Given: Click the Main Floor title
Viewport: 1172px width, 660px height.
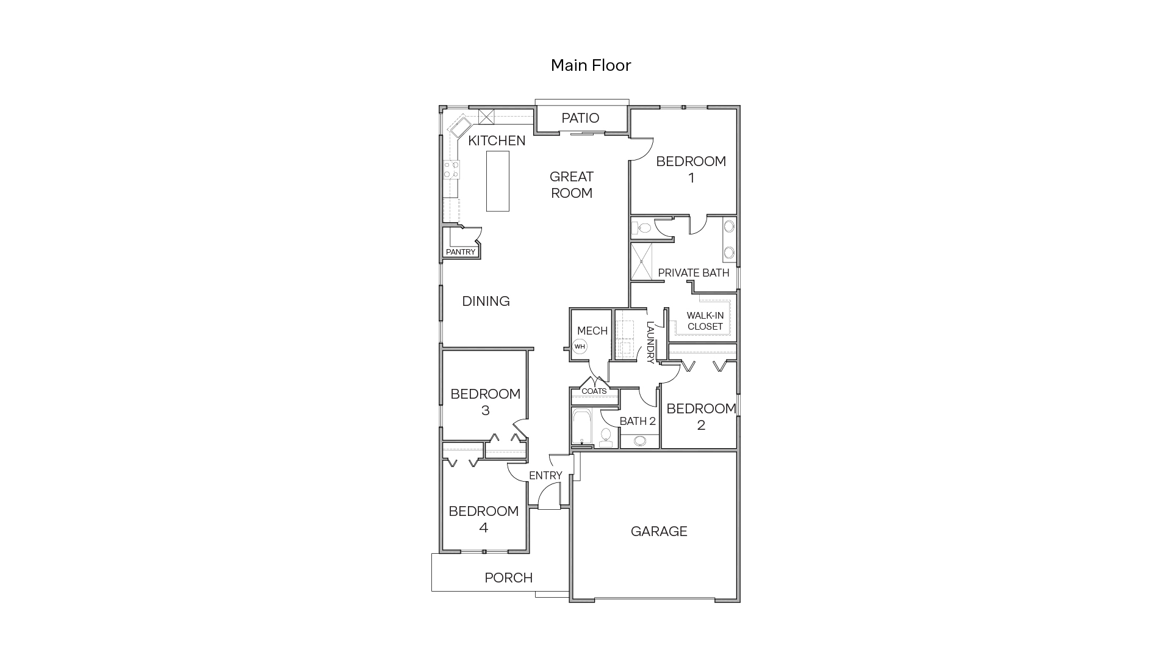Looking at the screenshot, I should pyautogui.click(x=591, y=65).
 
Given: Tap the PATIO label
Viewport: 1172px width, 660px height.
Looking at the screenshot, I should pyautogui.click(x=580, y=118).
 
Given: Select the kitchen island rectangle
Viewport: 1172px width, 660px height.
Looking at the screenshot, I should pyautogui.click(x=498, y=181).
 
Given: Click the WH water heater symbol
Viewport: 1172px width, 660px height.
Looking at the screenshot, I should pyautogui.click(x=580, y=347).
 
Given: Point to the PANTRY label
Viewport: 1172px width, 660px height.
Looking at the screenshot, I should pyautogui.click(x=461, y=252).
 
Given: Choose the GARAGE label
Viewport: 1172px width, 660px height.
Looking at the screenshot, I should pyautogui.click(x=659, y=531).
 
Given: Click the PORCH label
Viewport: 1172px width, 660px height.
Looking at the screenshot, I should pyautogui.click(x=508, y=578).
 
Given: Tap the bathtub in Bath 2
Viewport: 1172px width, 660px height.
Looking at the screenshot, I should pyautogui.click(x=582, y=427).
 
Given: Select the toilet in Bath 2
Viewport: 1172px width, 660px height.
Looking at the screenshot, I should pyautogui.click(x=606, y=436).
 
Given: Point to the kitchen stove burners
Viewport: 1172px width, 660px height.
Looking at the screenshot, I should pyautogui.click(x=451, y=170).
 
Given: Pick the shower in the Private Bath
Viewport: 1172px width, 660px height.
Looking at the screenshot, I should pyautogui.click(x=641, y=261).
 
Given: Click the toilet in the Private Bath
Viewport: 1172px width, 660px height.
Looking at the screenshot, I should pyautogui.click(x=644, y=228).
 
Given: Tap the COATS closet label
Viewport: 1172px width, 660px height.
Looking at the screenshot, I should pyautogui.click(x=594, y=391).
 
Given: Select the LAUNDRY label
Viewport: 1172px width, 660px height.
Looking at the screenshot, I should pyautogui.click(x=650, y=343).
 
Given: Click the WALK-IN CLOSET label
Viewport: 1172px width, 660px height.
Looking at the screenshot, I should pyautogui.click(x=705, y=321).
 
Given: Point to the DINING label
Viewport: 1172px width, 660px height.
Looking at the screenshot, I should pyautogui.click(x=486, y=301).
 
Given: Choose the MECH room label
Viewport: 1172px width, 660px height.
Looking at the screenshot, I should pyautogui.click(x=592, y=330).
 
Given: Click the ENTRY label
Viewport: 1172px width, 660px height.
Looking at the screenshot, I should pyautogui.click(x=545, y=475).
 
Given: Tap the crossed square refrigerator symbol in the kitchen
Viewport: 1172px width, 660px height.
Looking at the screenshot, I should pyautogui.click(x=486, y=117).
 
